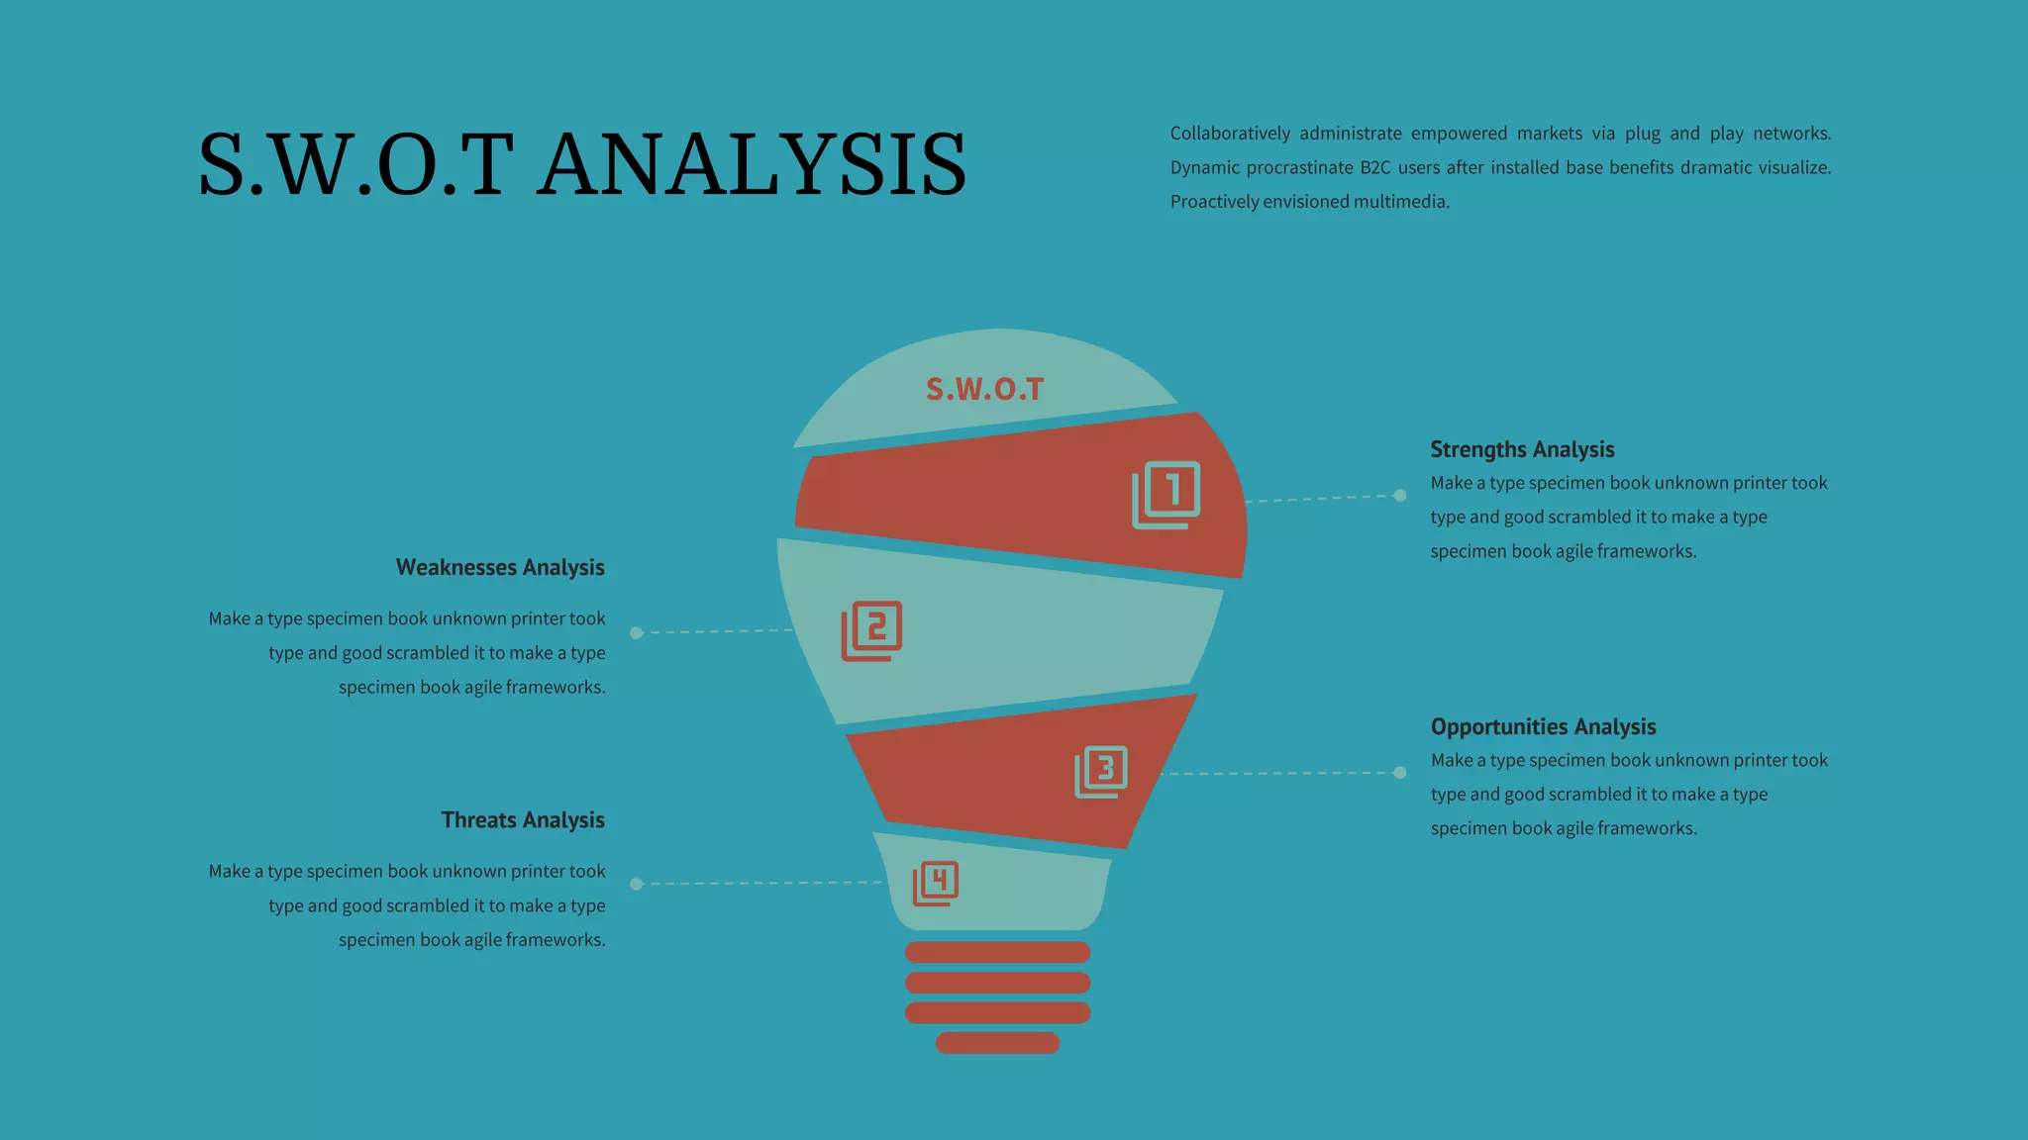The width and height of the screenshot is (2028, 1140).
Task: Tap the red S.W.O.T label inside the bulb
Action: (x=984, y=389)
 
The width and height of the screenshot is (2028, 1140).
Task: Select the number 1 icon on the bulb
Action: (x=1166, y=494)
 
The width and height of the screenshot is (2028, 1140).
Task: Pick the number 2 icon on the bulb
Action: (x=871, y=630)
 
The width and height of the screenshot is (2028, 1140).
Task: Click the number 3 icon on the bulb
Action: (x=1101, y=771)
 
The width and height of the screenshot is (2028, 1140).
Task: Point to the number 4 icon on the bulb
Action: (x=935, y=883)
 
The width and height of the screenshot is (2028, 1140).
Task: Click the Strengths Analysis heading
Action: (x=1522, y=449)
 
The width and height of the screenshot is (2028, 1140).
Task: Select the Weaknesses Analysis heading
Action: (x=500, y=567)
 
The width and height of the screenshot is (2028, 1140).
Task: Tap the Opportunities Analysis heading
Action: (x=1543, y=726)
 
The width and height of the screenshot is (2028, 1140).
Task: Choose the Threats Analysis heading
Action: (x=523, y=819)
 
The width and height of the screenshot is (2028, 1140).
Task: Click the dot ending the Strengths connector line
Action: (x=1399, y=495)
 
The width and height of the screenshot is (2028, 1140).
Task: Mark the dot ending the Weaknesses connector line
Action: (x=637, y=632)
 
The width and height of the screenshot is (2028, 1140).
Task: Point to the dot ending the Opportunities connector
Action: (x=1399, y=772)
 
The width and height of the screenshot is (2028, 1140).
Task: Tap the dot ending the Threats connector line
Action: (x=637, y=884)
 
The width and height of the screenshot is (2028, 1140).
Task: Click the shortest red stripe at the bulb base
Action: (x=997, y=1042)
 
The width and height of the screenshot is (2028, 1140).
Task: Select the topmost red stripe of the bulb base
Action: (x=997, y=952)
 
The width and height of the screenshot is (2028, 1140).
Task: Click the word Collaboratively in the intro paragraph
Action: (x=1230, y=134)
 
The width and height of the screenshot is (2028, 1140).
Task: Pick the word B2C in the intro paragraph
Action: (x=1375, y=167)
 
